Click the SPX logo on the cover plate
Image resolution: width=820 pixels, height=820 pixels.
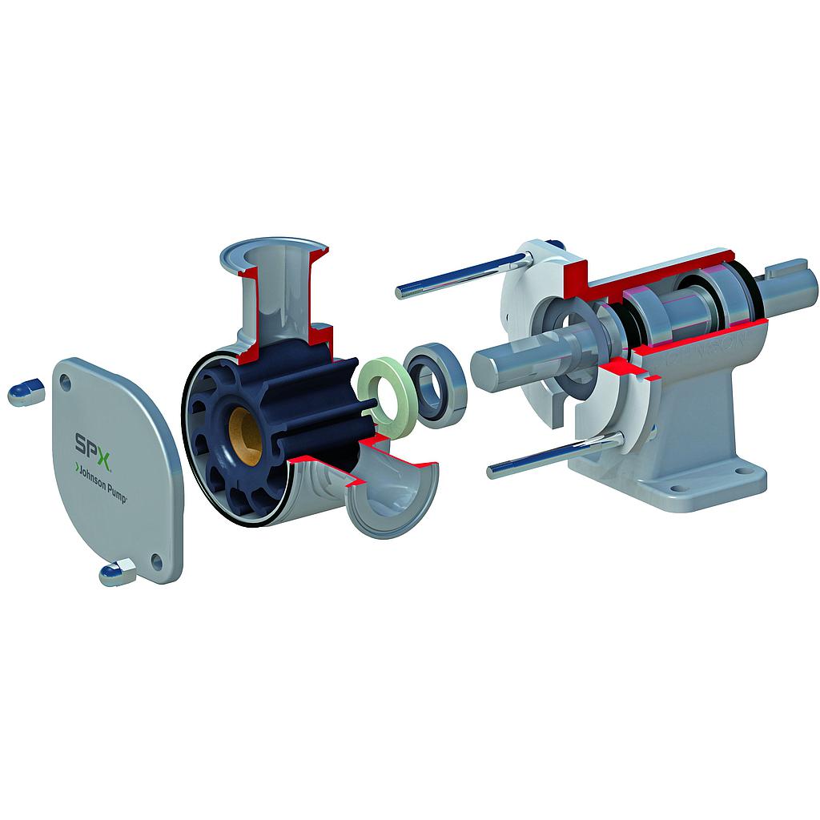click(90, 441)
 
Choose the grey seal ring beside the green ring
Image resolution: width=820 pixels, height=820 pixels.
click(437, 380)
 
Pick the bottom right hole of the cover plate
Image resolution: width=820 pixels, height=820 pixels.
click(157, 561)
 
